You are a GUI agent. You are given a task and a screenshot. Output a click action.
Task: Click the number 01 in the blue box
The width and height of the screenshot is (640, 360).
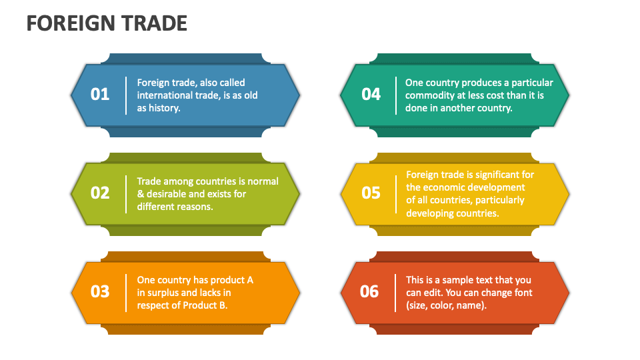[100, 95]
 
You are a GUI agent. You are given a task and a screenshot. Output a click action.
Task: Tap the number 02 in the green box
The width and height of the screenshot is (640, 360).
[100, 193]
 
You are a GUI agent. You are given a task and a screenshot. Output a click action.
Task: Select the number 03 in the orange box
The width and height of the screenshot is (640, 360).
[100, 291]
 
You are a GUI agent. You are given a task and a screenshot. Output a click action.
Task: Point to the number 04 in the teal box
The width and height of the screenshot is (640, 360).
[371, 95]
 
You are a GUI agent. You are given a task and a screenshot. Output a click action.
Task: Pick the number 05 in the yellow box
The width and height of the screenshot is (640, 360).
[371, 193]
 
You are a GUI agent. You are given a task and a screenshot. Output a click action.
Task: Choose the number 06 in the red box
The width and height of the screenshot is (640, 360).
[369, 291]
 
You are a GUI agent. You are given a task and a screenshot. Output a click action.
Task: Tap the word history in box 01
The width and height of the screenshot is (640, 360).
[164, 108]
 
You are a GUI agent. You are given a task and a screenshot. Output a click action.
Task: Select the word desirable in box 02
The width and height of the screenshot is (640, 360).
[168, 194]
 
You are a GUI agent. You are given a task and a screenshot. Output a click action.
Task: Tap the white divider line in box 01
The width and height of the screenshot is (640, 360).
[126, 95]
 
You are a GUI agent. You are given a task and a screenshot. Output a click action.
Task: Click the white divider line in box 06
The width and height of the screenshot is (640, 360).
[396, 292]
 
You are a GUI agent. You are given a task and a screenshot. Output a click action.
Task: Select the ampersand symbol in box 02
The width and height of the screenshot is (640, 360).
[141, 194]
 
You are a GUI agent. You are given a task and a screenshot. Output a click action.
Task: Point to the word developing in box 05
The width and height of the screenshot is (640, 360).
[431, 213]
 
